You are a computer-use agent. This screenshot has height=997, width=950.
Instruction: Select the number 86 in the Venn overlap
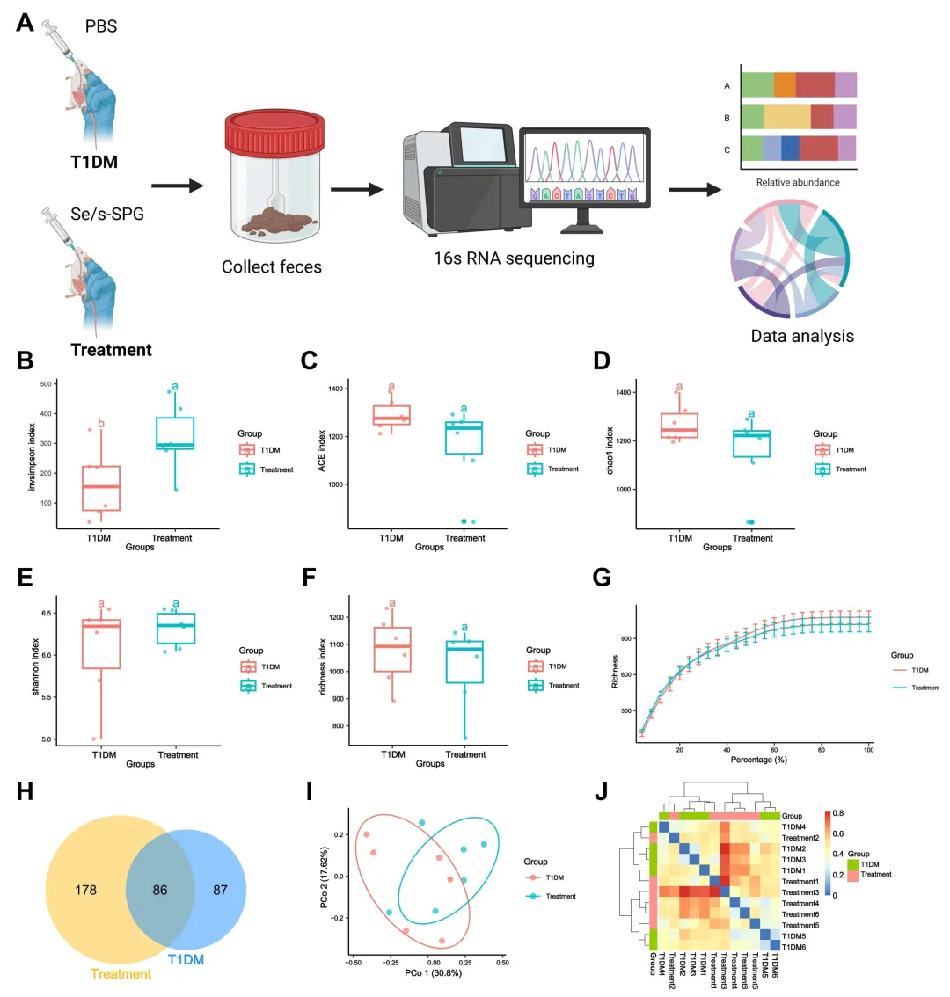pos(159,890)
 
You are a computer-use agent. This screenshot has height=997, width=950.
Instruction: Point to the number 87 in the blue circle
pos(220,890)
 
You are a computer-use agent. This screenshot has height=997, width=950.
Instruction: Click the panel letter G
pos(603,577)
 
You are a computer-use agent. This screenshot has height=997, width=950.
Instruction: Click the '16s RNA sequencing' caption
pos(514,258)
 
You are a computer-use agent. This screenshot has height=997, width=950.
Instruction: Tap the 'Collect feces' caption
pos(271,266)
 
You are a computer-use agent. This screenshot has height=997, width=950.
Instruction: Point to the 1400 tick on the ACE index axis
pos(336,389)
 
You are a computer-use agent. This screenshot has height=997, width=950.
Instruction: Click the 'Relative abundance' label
pos(798,182)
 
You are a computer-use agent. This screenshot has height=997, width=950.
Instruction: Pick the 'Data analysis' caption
pos(801,336)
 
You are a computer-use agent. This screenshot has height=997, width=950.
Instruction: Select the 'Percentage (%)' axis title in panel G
pos(757,759)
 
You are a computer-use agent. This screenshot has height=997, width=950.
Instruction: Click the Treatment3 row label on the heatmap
pos(800,892)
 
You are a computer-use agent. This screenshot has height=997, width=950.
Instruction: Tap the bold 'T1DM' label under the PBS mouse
pos(94,162)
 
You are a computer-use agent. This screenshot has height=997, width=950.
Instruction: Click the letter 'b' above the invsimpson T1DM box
pos(100,424)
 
